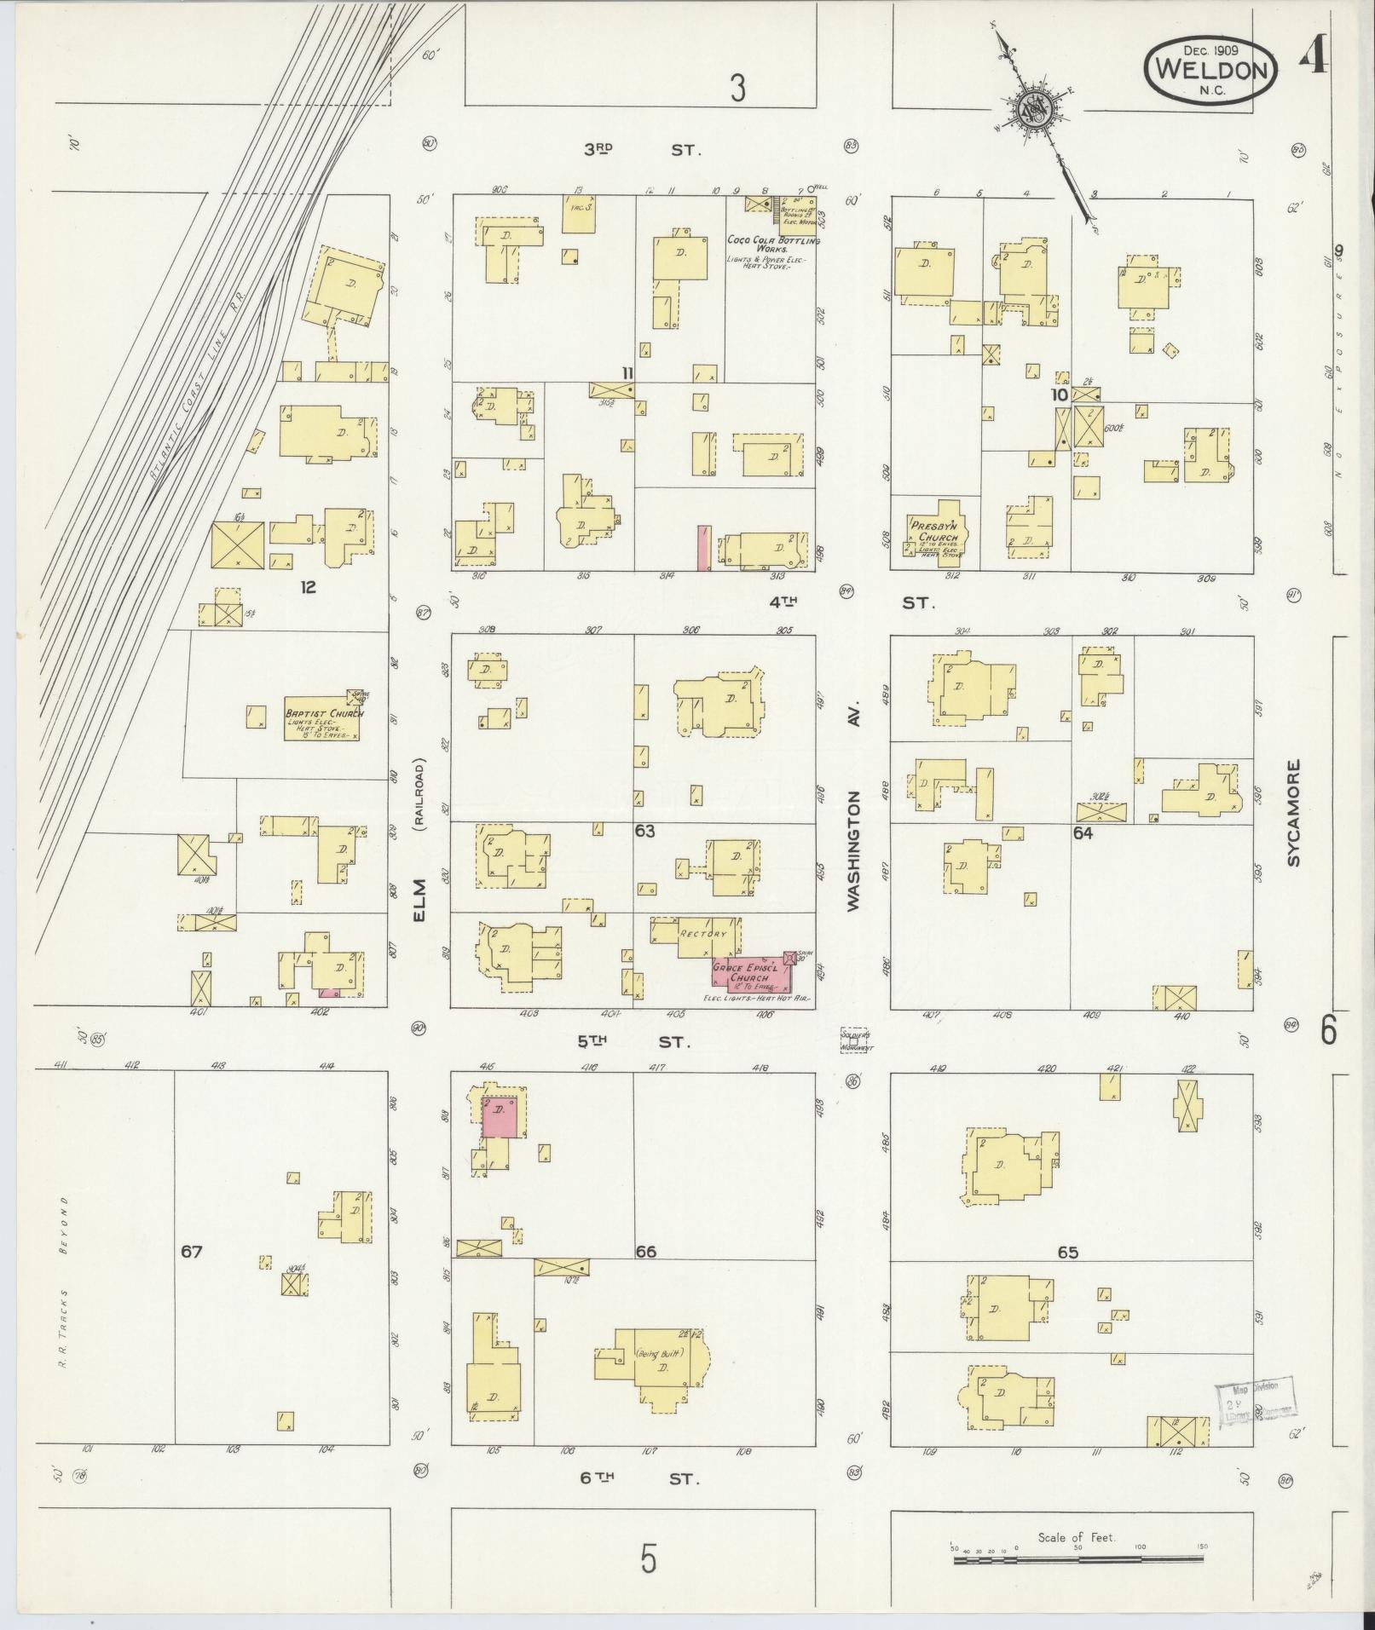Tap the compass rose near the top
pos(1037,112)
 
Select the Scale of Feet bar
pos(1077,1559)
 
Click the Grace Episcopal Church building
pos(749,973)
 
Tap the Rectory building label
pos(702,933)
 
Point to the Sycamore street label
pos(1296,814)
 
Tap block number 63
pos(645,830)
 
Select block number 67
pos(192,1252)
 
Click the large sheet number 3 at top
pos(737,87)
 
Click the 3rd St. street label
pos(641,150)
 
